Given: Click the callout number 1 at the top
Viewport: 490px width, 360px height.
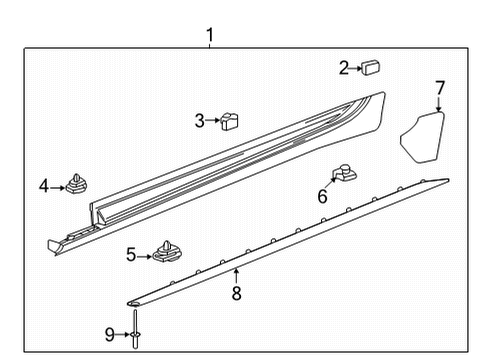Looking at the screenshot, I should pos(209,36).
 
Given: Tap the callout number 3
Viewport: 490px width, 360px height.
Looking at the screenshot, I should pos(199,121).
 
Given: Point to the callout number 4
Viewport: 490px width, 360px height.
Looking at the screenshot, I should pos(44,185).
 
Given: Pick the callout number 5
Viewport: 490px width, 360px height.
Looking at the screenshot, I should pos(130,255).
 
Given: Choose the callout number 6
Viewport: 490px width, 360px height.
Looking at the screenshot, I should pos(322,197).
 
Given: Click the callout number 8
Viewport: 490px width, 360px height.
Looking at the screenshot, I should pos(236,294).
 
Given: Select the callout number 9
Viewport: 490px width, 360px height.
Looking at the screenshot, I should pos(110,334).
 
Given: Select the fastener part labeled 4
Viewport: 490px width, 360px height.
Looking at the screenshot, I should pos(75,184).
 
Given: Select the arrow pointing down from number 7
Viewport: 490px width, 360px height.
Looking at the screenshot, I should pos(440,107).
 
